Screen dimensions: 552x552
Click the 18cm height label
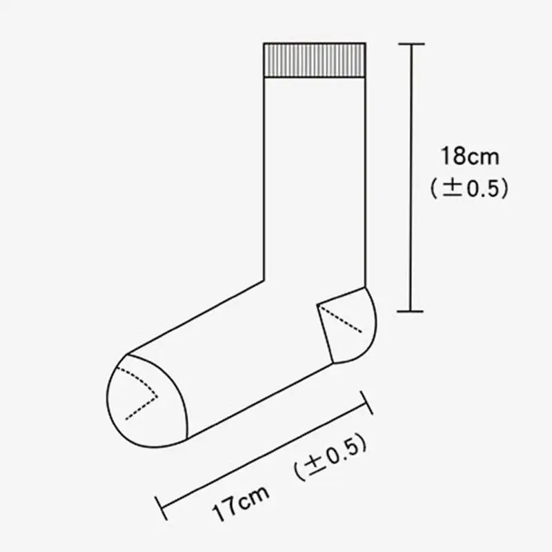[x=469, y=155]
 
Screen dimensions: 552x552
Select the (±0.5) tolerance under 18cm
[x=469, y=188]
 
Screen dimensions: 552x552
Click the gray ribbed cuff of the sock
[x=314, y=59]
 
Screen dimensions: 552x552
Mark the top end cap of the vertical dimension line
[x=413, y=44]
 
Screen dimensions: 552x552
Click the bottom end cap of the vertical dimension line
[x=413, y=311]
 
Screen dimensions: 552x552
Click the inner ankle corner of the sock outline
[x=265, y=279]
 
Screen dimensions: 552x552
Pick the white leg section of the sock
[x=314, y=172]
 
